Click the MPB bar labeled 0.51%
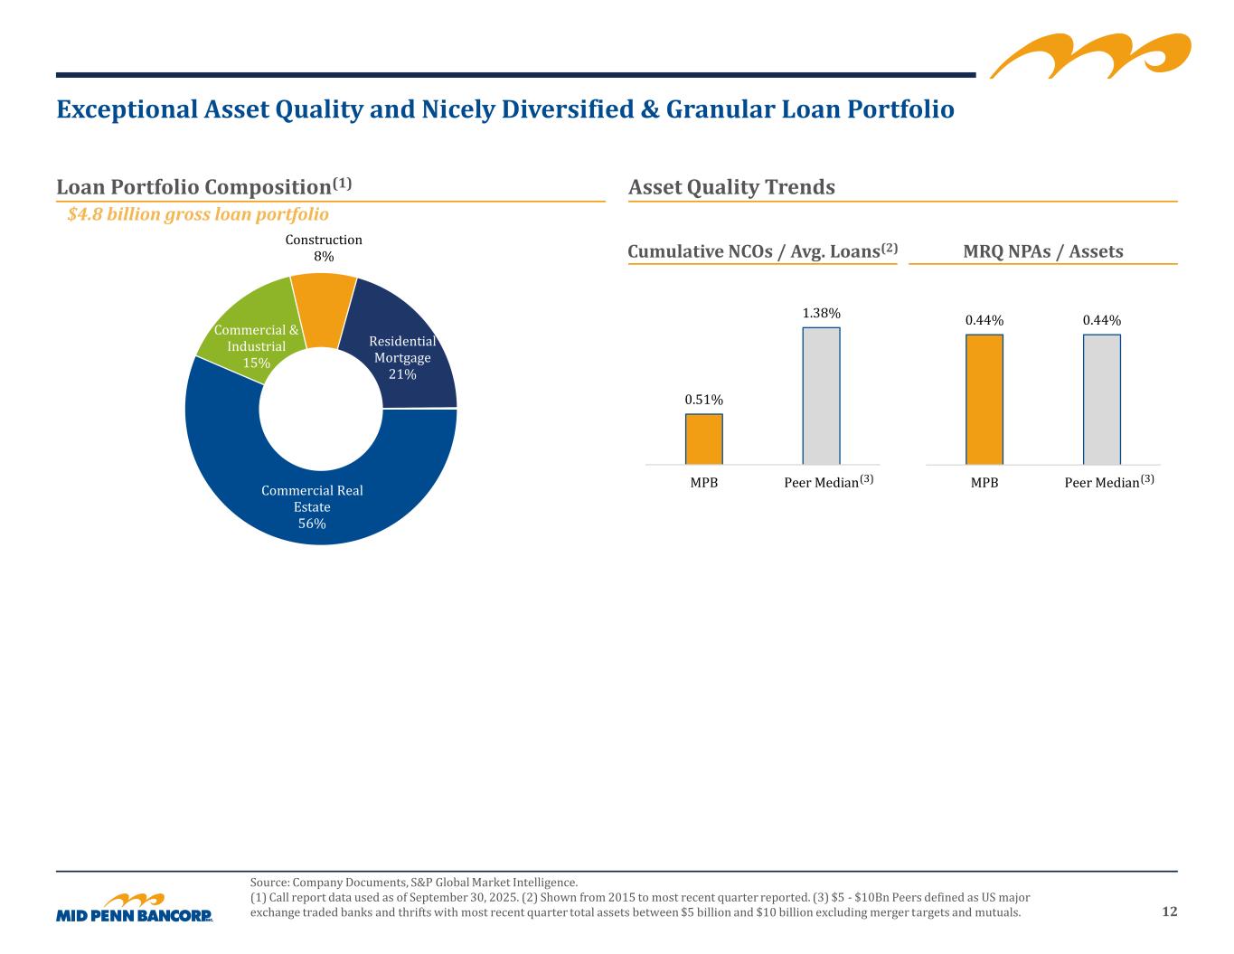click(x=703, y=439)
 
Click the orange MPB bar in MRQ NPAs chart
click(x=984, y=399)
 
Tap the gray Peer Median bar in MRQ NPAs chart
click(x=1101, y=399)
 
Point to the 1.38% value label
click(x=821, y=313)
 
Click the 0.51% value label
click(x=703, y=400)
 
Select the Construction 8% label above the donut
click(x=324, y=248)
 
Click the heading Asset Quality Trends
click(x=731, y=187)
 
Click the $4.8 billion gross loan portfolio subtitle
click(x=198, y=214)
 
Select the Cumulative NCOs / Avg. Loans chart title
click(x=762, y=251)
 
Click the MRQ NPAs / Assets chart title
click(x=1043, y=251)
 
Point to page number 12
click(x=1170, y=911)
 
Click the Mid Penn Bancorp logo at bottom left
click(x=134, y=908)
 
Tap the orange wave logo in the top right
click(x=1089, y=56)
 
